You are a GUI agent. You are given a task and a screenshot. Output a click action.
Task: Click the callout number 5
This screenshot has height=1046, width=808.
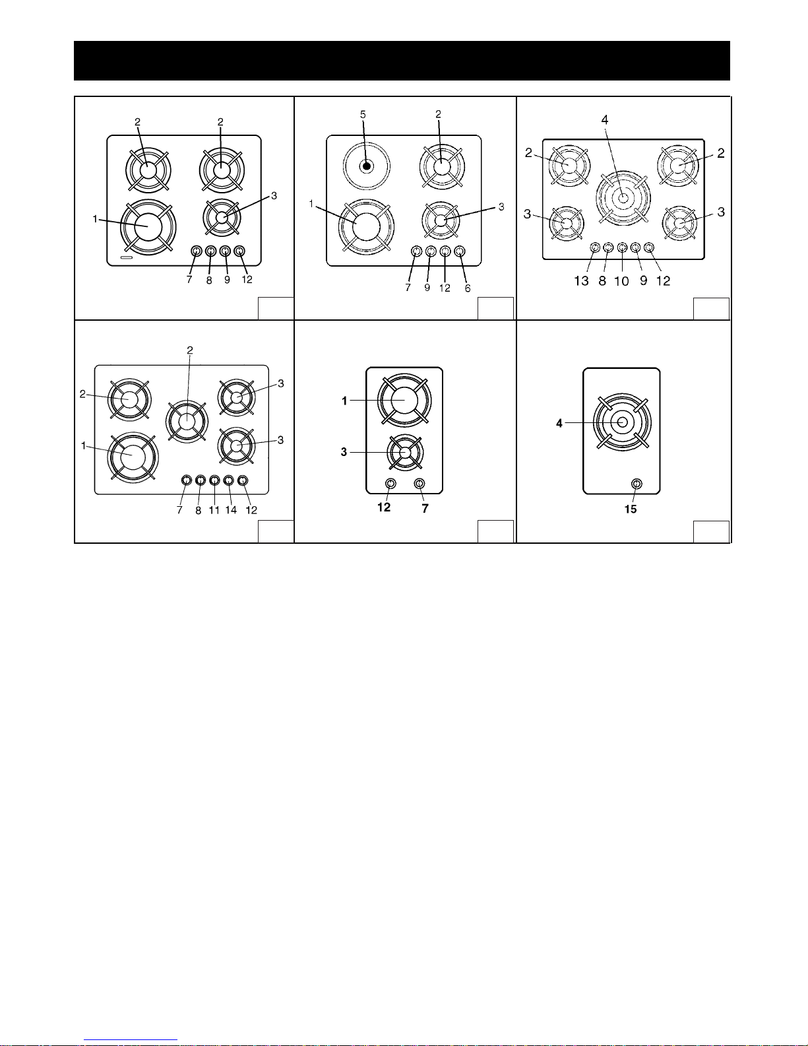(x=363, y=115)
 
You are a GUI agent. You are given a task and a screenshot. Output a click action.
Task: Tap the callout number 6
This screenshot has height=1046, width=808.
(x=468, y=288)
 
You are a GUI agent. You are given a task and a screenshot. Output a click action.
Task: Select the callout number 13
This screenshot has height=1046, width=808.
(x=582, y=280)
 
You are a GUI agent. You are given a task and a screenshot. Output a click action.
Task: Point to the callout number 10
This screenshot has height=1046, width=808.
(x=621, y=280)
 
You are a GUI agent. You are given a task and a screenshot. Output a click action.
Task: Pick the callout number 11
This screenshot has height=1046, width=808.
(x=214, y=509)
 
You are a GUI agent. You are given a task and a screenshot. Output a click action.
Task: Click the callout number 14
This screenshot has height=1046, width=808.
(x=232, y=509)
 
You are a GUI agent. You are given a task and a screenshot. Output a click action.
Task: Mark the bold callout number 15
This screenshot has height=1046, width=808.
(x=631, y=509)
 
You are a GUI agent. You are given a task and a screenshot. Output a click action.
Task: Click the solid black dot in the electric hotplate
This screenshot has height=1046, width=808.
(x=367, y=166)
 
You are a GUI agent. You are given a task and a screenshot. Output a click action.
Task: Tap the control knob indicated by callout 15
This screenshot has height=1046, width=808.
(x=637, y=484)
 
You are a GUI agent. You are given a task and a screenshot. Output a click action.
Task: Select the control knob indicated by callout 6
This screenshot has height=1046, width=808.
(x=459, y=251)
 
